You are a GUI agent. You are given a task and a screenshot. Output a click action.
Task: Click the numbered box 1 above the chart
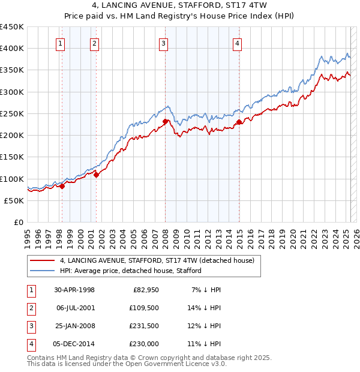61,43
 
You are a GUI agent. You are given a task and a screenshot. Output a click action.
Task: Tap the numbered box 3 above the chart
163,43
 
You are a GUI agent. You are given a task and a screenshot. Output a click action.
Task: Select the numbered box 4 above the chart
238,43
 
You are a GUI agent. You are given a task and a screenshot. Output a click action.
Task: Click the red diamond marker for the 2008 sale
165,122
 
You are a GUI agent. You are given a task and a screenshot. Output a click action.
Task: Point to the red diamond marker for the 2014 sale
239,122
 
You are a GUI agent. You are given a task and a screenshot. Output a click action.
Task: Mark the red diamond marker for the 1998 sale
62,186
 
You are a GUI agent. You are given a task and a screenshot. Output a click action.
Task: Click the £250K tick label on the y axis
12,113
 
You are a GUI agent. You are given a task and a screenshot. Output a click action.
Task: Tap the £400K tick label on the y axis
12,49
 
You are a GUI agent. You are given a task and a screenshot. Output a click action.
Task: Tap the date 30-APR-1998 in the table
74,290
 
